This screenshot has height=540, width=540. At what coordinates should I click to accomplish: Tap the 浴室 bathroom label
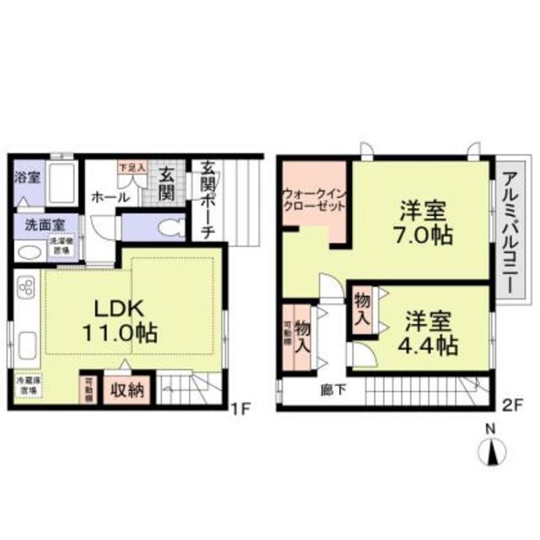27,178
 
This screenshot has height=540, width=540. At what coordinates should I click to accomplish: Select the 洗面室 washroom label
38,226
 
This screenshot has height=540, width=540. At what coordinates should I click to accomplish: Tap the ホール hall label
111,197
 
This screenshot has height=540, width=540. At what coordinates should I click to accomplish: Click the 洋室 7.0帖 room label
419,222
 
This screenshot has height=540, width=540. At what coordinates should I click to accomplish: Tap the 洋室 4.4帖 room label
430,332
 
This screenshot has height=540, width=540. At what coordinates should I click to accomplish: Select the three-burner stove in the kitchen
25,290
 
